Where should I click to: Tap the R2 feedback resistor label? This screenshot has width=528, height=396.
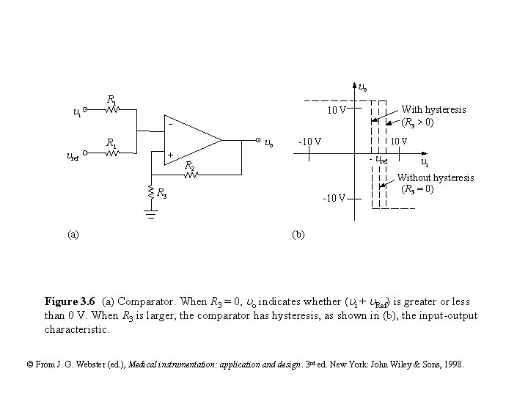coord(189,166)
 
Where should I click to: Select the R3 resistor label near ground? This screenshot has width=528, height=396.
coord(161,194)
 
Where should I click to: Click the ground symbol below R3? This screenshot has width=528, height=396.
coord(150,215)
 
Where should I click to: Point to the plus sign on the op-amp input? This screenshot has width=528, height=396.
coord(170,155)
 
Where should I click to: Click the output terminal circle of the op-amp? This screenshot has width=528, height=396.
coord(259,139)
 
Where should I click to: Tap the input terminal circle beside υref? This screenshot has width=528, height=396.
coord(86,153)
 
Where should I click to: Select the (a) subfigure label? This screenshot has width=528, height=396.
coord(73,234)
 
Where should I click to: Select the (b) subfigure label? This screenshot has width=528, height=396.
coord(298,234)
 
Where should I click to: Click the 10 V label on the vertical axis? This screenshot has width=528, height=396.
coord(337,111)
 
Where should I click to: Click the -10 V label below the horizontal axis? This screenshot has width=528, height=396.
coord(334,198)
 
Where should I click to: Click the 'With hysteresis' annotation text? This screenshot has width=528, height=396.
coord(433,109)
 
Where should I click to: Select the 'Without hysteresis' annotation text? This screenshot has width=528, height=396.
coord(436,178)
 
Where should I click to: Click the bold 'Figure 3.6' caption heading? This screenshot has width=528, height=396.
coord(70,301)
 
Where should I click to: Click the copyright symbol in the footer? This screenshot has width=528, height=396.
coord(29,364)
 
